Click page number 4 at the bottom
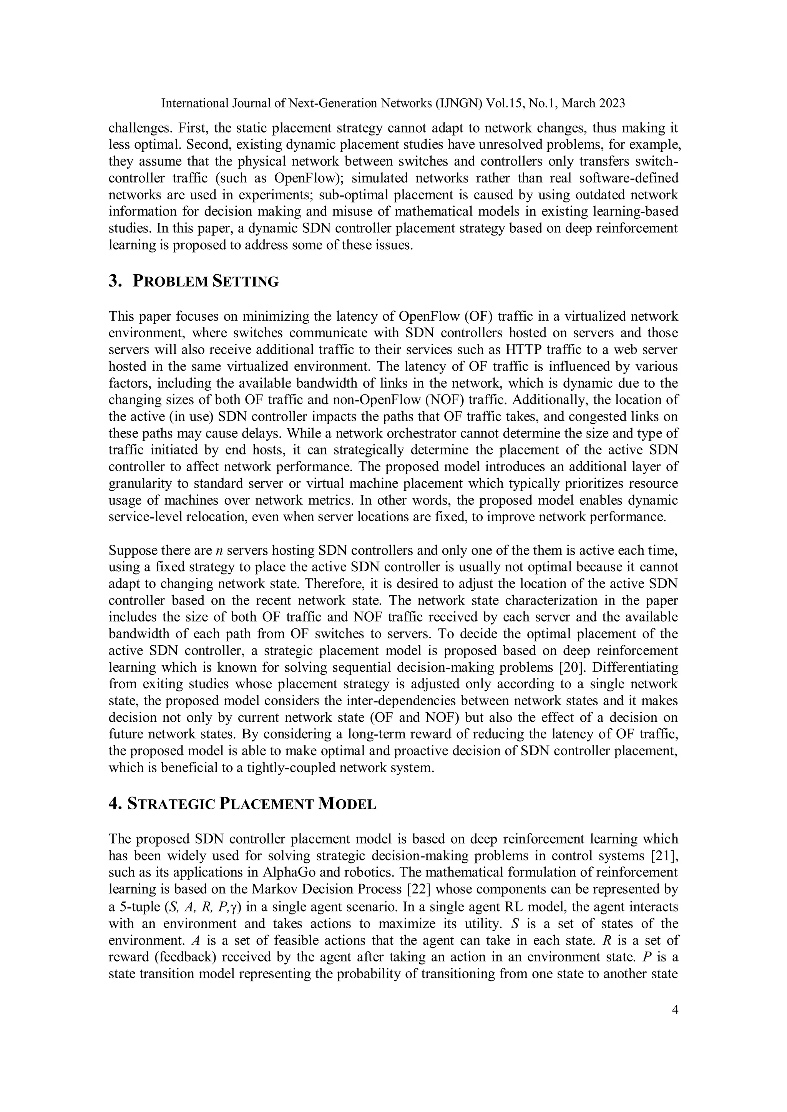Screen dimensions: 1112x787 click(x=675, y=1010)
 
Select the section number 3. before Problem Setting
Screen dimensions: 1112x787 click(x=115, y=282)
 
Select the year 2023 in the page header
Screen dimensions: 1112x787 click(x=611, y=103)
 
